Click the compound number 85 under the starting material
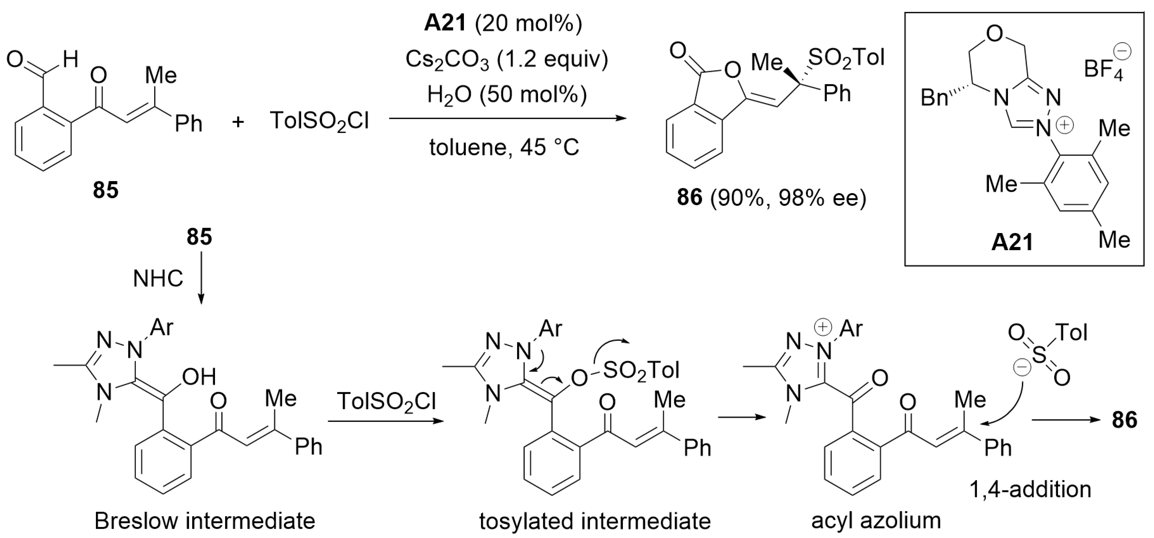coord(106,190)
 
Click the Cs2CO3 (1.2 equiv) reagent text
coord(507,60)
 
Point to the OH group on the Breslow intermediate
coord(199,377)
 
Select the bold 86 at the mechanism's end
coord(1125,420)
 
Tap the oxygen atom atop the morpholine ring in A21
coord(994,34)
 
